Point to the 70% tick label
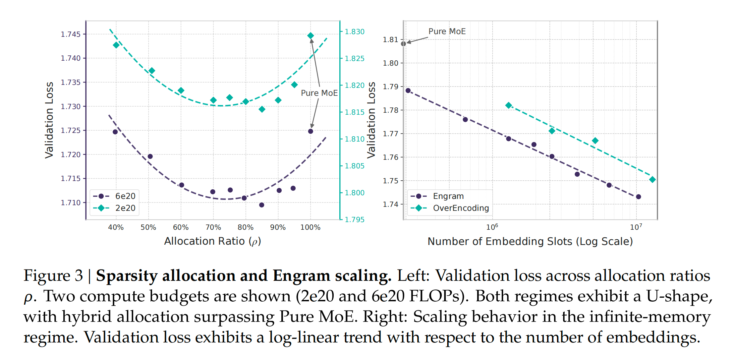[213, 227]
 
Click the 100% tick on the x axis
[310, 227]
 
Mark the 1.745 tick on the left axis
[71, 34]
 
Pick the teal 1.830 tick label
[355, 32]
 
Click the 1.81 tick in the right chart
[390, 40]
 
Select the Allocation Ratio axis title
[212, 241]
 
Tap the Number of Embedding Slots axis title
[530, 241]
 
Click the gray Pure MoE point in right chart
[403, 44]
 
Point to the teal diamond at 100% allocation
[310, 35]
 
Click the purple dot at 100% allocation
[310, 131]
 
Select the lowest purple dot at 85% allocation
[262, 205]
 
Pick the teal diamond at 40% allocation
[116, 45]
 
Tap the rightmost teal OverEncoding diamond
[652, 180]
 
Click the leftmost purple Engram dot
[408, 90]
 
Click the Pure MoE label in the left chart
[319, 93]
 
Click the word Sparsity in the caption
[127, 276]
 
